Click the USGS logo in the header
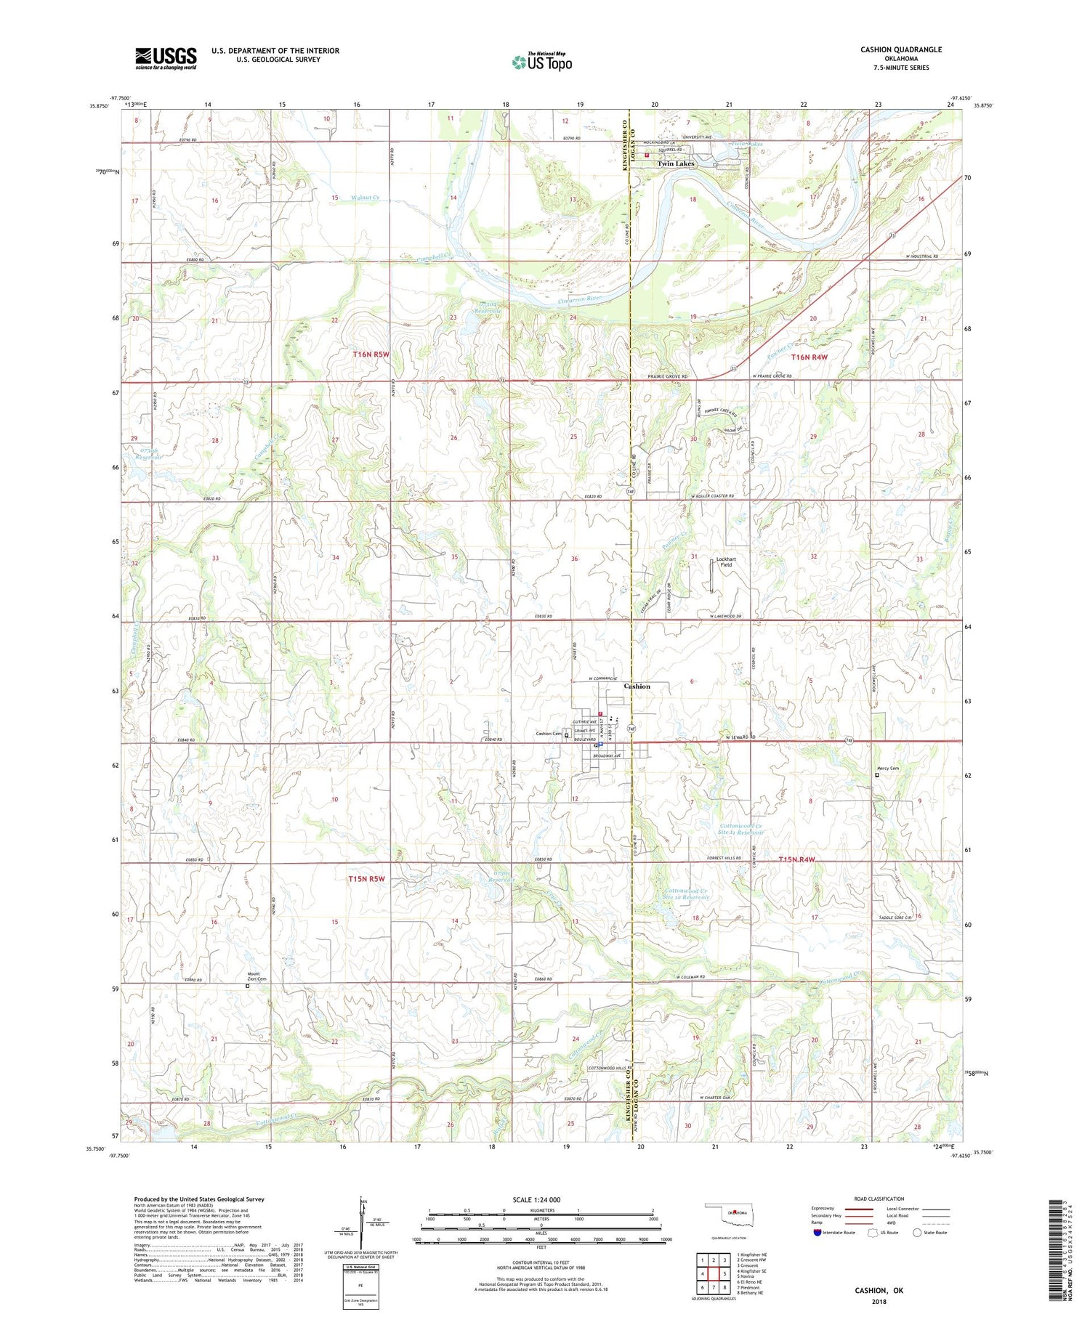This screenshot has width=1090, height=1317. click(166, 58)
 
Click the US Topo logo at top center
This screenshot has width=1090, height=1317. click(541, 62)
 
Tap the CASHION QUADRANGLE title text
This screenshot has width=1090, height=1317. click(900, 49)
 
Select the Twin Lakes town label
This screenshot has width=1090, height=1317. click(676, 164)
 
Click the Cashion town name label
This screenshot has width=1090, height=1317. click(637, 686)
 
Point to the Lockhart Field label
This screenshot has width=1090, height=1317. click(726, 562)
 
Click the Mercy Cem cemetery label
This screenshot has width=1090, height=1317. click(887, 769)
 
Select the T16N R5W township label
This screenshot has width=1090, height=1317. click(371, 354)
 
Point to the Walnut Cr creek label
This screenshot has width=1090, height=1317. click(366, 198)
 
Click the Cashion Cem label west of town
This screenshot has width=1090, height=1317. click(549, 734)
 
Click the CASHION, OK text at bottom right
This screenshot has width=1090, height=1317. click(879, 1290)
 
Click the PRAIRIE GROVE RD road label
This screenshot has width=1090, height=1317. click(667, 376)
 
